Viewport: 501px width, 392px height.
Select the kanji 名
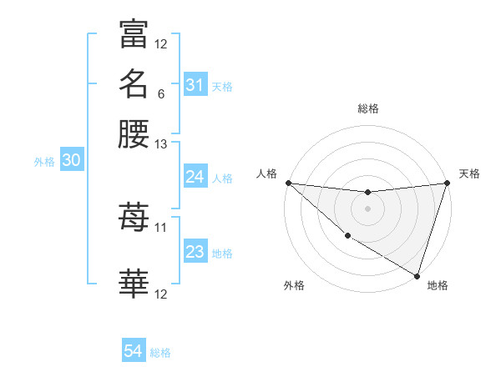point(134,84)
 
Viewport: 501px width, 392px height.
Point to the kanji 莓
point(134,219)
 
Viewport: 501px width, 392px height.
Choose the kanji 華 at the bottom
point(134,284)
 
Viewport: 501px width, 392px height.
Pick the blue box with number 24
point(195,177)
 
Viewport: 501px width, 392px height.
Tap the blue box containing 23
point(195,252)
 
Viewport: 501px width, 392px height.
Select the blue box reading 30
point(71,161)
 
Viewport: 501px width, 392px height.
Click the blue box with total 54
point(133,351)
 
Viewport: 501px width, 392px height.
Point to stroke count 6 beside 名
point(160,93)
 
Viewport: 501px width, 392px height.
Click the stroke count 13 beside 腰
point(161,144)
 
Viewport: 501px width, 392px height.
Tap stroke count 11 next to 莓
point(161,227)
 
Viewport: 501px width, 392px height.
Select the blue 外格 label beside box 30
point(44,162)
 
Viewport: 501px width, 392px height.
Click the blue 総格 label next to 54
point(160,353)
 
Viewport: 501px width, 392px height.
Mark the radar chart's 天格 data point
point(447,183)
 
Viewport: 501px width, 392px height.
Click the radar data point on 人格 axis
point(288,183)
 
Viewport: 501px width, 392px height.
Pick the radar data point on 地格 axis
point(417,275)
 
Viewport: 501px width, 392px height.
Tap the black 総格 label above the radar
point(368,108)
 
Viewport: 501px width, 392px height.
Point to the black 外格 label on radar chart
point(294,285)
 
